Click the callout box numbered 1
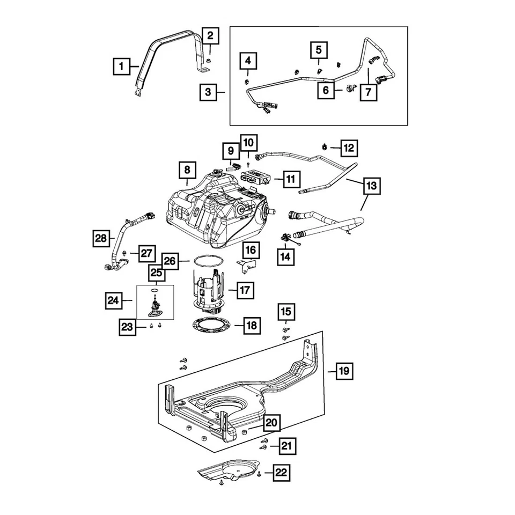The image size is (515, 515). coord(122,67)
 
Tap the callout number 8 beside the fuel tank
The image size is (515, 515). coord(187,171)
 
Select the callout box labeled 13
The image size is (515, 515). coord(371,186)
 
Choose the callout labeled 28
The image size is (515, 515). coord(102,238)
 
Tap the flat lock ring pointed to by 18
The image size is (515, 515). coord(212,325)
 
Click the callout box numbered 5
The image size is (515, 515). coord(319,50)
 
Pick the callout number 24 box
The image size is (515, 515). coord(113,301)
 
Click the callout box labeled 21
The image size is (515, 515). coord(287,445)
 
